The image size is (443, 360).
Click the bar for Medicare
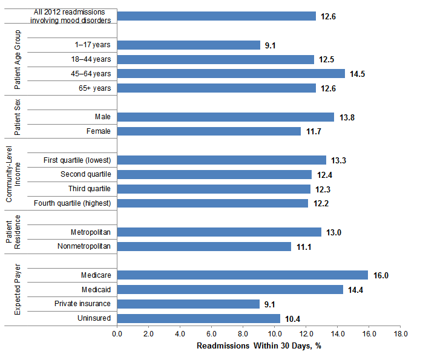(x=242, y=275)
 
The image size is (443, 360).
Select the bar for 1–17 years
(x=188, y=45)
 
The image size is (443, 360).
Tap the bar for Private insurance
(x=188, y=304)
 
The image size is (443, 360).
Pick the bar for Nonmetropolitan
(x=204, y=246)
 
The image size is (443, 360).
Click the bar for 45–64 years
(x=231, y=73)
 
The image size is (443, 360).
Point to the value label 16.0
(x=381, y=275)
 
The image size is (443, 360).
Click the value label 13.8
(x=346, y=117)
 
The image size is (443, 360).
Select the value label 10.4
(x=292, y=318)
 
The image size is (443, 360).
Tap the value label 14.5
(x=357, y=74)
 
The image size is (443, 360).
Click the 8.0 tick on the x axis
(x=243, y=333)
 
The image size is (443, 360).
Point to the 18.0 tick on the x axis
(x=401, y=333)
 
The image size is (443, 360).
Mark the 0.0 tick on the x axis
(x=117, y=333)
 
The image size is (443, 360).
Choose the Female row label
(x=99, y=131)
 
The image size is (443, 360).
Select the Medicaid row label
(x=96, y=289)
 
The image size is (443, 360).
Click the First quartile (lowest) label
(x=77, y=160)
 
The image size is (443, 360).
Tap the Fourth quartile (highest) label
(x=73, y=203)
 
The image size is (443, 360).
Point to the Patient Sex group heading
(x=17, y=116)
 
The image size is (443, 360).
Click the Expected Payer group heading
(x=17, y=290)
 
